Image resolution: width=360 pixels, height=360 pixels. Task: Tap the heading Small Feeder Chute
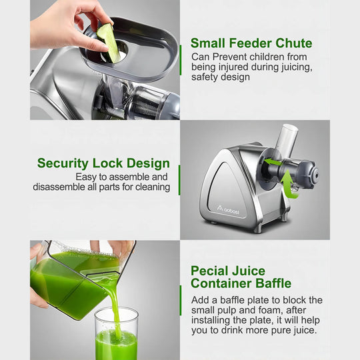click(251, 44)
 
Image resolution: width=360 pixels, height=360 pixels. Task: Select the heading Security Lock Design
click(103, 163)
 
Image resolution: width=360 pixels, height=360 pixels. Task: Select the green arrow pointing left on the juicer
click(272, 161)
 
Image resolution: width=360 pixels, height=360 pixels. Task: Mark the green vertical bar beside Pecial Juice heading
click(180, 300)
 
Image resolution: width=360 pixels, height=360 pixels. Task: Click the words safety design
click(221, 77)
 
